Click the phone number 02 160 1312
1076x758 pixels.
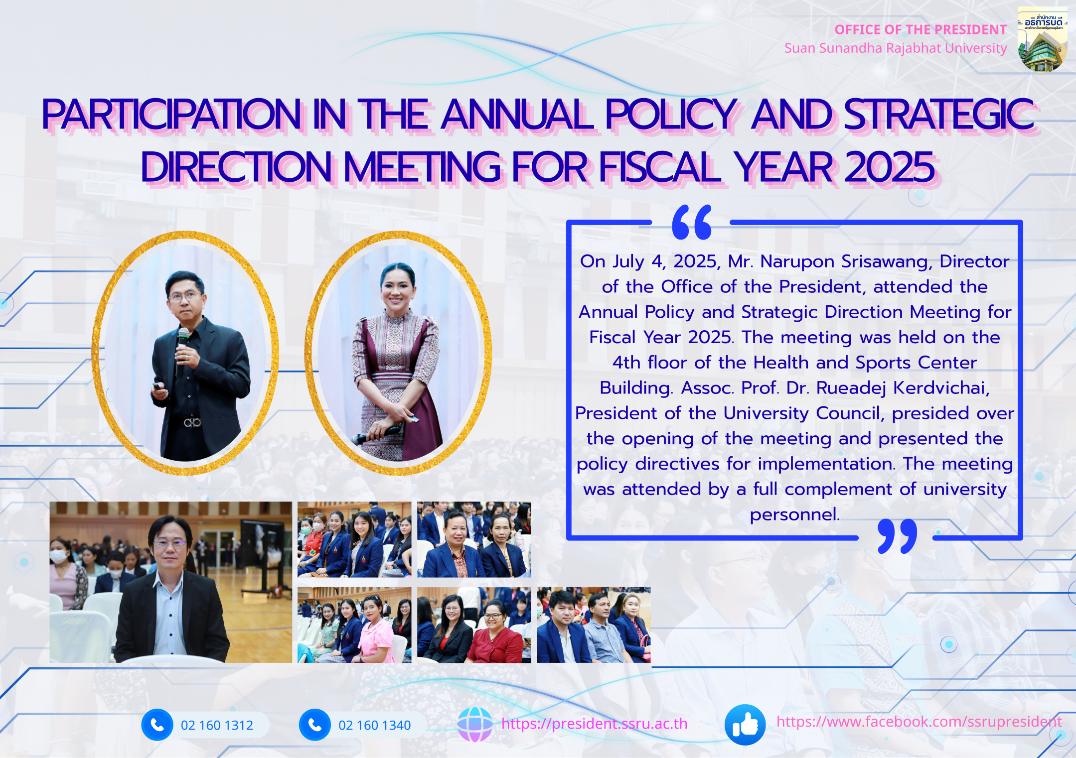(x=217, y=725)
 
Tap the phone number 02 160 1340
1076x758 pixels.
(x=374, y=725)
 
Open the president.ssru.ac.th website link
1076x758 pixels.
(x=594, y=724)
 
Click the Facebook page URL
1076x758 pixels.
(x=919, y=722)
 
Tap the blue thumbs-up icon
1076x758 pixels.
(x=745, y=725)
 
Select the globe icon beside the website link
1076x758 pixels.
(x=474, y=724)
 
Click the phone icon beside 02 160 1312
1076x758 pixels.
(x=157, y=725)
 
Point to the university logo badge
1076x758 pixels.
(x=1043, y=39)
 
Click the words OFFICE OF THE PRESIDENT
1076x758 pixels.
(x=921, y=30)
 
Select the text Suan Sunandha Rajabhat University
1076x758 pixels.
(x=896, y=48)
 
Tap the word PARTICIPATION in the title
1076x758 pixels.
(x=171, y=115)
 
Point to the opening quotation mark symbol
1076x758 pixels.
(x=692, y=222)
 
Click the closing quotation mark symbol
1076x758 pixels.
(x=897, y=536)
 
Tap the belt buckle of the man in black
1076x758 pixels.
(x=192, y=423)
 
